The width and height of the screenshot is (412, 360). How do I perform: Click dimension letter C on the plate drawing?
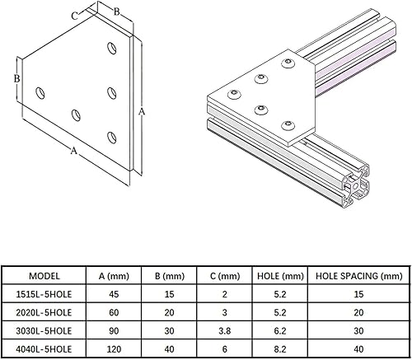coord(75,14)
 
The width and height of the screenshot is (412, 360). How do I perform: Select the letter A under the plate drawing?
coord(74,151)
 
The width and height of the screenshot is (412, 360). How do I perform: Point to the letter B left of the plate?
coord(16,78)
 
